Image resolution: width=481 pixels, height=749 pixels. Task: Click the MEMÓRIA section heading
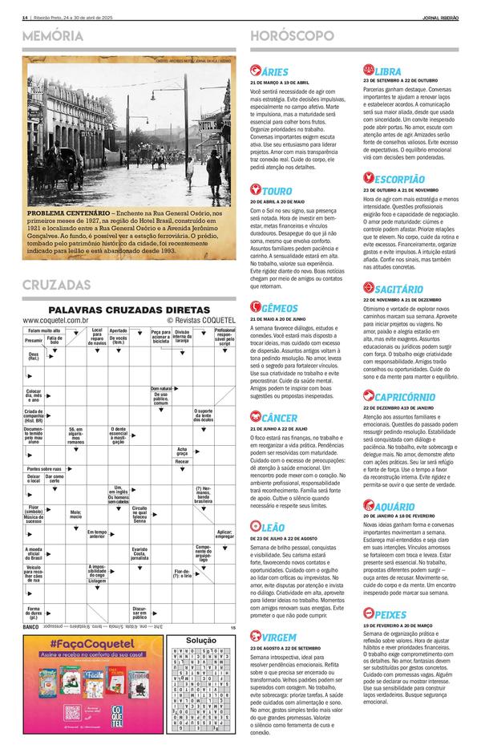pos(53,37)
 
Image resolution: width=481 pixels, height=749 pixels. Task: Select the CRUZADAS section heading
pos(56,285)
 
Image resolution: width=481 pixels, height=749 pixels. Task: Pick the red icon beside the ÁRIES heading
pos(256,71)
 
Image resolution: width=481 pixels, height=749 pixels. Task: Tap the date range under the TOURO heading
pos(277,200)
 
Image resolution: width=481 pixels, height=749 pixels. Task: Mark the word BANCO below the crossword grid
pos(32,627)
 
